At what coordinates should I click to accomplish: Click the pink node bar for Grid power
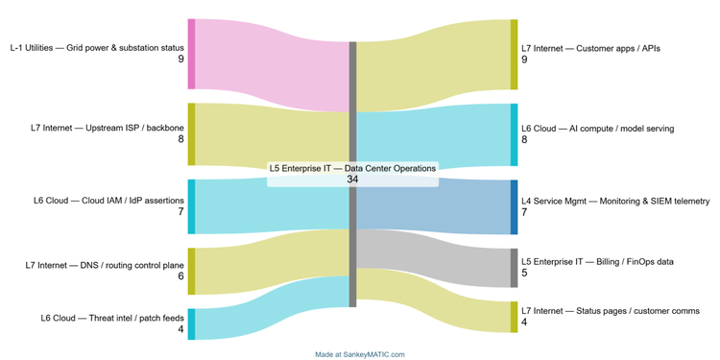(191, 53)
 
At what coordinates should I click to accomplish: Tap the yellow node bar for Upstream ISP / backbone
(191, 133)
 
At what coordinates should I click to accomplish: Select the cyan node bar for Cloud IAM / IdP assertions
(191, 206)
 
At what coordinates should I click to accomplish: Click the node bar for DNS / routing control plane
(191, 271)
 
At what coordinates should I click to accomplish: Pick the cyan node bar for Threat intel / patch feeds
(191, 324)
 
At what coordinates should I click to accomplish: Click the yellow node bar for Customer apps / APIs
(514, 54)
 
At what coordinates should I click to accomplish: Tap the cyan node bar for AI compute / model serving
(514, 134)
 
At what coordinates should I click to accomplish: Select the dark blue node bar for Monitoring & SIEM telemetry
(514, 206)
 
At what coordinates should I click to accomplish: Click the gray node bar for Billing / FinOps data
(514, 268)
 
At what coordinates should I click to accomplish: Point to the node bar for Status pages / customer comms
(514, 317)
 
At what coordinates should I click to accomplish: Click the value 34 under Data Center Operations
(352, 179)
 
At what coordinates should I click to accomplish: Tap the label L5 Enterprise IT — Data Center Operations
(352, 168)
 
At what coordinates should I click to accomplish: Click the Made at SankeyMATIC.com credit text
(359, 354)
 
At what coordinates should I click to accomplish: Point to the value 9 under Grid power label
(180, 60)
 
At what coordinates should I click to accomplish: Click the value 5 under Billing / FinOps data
(524, 274)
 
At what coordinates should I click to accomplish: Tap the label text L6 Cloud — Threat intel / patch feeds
(112, 318)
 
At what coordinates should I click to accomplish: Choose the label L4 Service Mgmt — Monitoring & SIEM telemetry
(614, 202)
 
